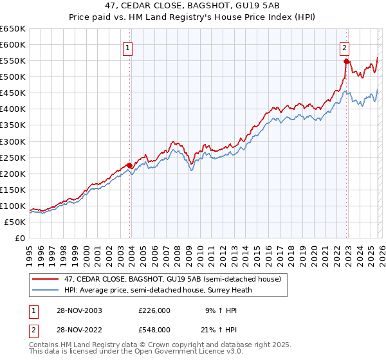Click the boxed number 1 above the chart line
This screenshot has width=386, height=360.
pos(127,48)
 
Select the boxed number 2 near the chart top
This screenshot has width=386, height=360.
pos(345,48)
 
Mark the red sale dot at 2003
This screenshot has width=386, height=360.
pos(129,165)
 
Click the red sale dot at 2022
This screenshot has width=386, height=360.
pos(346,61)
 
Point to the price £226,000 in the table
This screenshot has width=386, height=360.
pos(154,310)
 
